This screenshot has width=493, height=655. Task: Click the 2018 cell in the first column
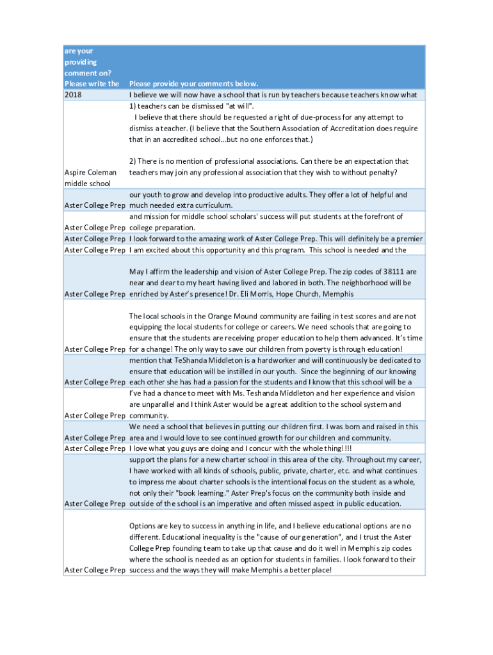74,95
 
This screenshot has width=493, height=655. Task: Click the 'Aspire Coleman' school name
91,173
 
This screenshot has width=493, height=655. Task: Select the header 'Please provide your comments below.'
193,84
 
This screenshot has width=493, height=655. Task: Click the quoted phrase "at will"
239,106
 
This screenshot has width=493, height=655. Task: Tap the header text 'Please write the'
92,84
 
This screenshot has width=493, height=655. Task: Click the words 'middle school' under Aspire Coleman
88,184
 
